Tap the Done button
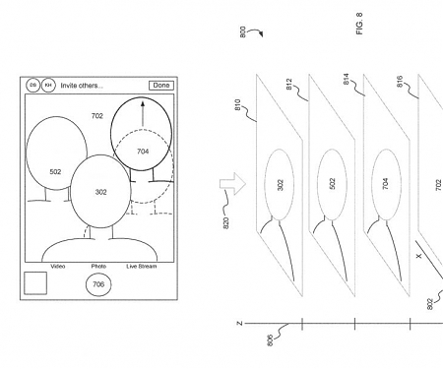point(160,86)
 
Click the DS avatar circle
point(32,86)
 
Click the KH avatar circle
point(48,86)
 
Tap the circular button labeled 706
point(96,284)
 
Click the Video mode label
point(58,266)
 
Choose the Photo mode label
point(98,266)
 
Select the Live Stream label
point(141,266)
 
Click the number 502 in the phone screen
point(55,172)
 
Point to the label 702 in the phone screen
point(96,116)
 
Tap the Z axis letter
point(239,323)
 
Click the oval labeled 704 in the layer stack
point(386,183)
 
